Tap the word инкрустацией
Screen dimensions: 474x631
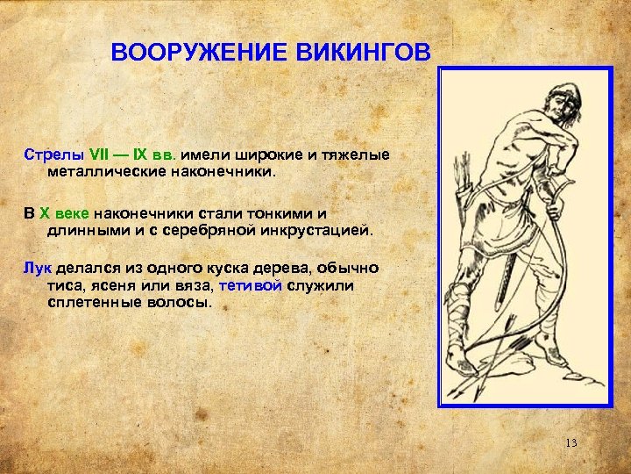click(315, 232)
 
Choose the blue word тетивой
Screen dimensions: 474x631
click(252, 286)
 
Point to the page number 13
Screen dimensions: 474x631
click(571, 442)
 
